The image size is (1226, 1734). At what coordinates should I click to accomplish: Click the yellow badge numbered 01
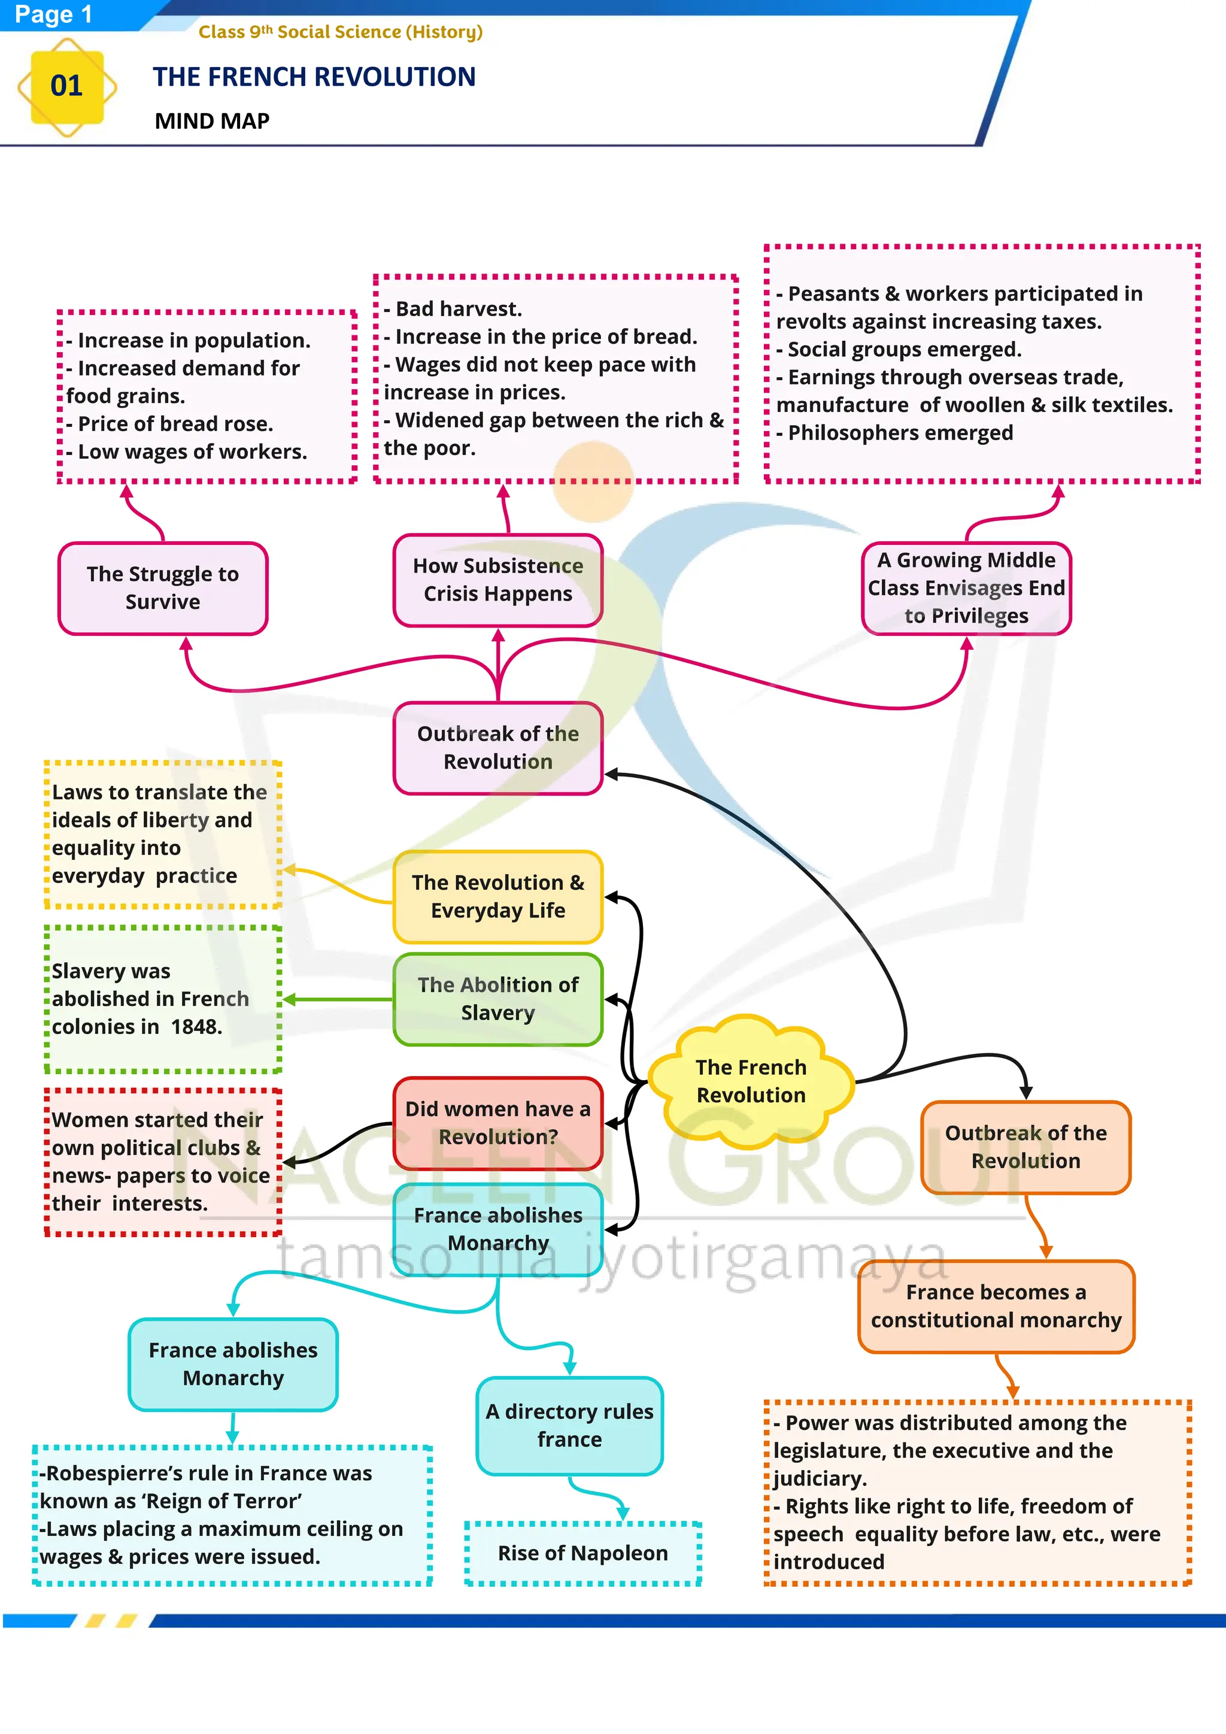(x=67, y=86)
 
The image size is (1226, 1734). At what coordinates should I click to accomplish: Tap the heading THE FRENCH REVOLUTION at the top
(x=314, y=77)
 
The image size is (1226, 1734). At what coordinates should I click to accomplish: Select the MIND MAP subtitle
(x=212, y=121)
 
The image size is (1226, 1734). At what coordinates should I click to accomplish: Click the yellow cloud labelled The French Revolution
(x=751, y=1081)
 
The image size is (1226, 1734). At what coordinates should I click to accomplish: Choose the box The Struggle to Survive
(x=163, y=589)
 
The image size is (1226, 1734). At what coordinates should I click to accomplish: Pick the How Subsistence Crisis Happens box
(x=497, y=580)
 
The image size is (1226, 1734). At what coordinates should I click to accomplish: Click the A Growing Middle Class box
(x=966, y=589)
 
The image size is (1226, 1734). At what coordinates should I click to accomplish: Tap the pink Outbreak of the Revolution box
(x=497, y=748)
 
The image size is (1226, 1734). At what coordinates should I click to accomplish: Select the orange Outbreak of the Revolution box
(x=1025, y=1147)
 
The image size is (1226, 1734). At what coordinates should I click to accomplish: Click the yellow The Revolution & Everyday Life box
(x=497, y=896)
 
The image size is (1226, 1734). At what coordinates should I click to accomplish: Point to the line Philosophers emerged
(x=900, y=433)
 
